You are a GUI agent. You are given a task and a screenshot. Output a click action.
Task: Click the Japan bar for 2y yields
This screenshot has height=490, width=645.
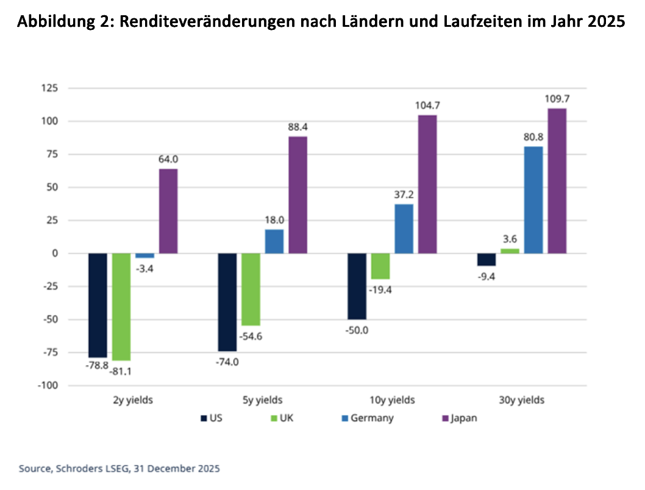(168, 211)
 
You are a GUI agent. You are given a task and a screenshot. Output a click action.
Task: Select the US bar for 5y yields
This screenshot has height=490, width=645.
(227, 302)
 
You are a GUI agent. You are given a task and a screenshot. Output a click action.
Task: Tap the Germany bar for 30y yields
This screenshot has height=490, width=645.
(533, 200)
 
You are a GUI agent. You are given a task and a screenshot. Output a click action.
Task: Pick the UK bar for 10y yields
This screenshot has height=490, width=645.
(380, 266)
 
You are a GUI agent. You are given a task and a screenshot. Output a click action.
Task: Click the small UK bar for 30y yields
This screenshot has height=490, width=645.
(510, 250)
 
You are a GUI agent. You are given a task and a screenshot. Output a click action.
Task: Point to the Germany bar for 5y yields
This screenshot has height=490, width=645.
(274, 241)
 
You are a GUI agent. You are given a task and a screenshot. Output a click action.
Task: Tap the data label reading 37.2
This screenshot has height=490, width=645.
(404, 195)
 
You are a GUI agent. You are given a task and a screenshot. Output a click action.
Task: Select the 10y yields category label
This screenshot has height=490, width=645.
(393, 400)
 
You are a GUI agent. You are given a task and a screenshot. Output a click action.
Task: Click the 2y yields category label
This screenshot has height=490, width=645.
(134, 400)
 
